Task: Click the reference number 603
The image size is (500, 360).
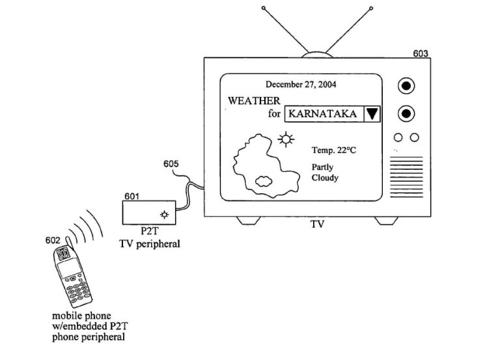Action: [421, 53]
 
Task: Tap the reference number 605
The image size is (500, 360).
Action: [172, 164]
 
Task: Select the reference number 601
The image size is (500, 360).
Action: [132, 195]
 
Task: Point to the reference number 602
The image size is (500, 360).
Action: [53, 240]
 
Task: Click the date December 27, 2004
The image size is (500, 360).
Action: [301, 85]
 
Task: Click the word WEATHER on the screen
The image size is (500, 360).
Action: [254, 101]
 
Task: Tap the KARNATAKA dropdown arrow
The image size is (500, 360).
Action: [371, 114]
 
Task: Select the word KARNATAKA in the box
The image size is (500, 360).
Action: [322, 114]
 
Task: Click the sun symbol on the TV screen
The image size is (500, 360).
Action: [285, 138]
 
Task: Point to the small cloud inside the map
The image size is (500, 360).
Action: [264, 180]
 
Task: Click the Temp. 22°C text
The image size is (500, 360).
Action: [334, 150]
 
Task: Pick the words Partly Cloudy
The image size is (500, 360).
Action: [324, 173]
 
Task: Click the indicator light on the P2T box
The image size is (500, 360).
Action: [164, 214]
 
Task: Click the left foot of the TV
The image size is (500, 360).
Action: [250, 221]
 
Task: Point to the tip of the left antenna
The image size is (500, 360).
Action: [263, 8]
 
